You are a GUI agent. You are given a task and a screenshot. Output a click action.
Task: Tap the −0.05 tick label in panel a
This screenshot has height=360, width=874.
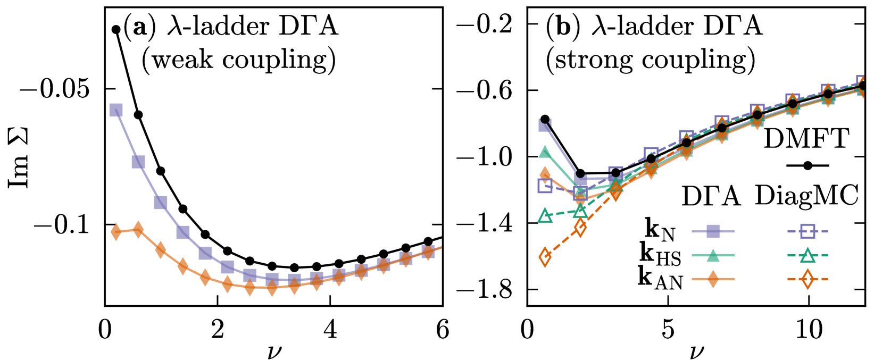click(x=54, y=89)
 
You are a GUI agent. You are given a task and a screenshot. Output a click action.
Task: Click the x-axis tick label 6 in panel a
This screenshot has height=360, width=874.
click(x=443, y=330)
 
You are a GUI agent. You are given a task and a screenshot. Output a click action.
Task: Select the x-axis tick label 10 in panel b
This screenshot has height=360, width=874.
click(x=808, y=330)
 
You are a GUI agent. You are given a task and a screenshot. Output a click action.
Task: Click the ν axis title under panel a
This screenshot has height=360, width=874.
click(x=274, y=351)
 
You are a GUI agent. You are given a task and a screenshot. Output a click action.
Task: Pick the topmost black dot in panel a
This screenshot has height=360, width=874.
click(x=116, y=29)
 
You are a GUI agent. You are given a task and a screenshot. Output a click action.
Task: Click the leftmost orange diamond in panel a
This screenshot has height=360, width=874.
click(x=116, y=231)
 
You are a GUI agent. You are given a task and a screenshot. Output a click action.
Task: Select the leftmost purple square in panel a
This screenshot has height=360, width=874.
click(x=116, y=110)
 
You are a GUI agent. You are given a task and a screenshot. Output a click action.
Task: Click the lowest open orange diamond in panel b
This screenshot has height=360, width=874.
click(x=545, y=257)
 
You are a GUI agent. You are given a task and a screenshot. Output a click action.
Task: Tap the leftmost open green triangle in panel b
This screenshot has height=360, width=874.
click(x=545, y=216)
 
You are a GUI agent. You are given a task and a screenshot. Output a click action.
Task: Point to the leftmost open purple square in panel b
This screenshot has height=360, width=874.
click(x=545, y=186)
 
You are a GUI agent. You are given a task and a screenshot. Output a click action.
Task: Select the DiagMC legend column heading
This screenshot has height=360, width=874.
click(x=806, y=196)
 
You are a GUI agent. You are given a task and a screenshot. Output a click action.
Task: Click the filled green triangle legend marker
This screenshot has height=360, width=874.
click(x=713, y=256)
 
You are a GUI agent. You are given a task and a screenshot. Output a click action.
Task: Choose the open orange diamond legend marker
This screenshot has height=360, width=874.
click(x=808, y=279)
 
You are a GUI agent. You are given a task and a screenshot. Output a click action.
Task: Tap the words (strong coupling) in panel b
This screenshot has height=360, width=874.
click(x=650, y=60)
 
